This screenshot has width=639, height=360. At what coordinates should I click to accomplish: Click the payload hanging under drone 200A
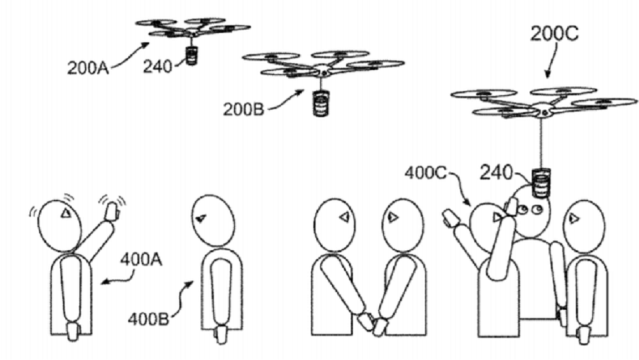(192, 55)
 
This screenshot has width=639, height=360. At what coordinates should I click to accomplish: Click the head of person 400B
(214, 220)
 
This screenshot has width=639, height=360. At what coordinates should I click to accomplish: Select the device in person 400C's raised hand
(451, 218)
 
